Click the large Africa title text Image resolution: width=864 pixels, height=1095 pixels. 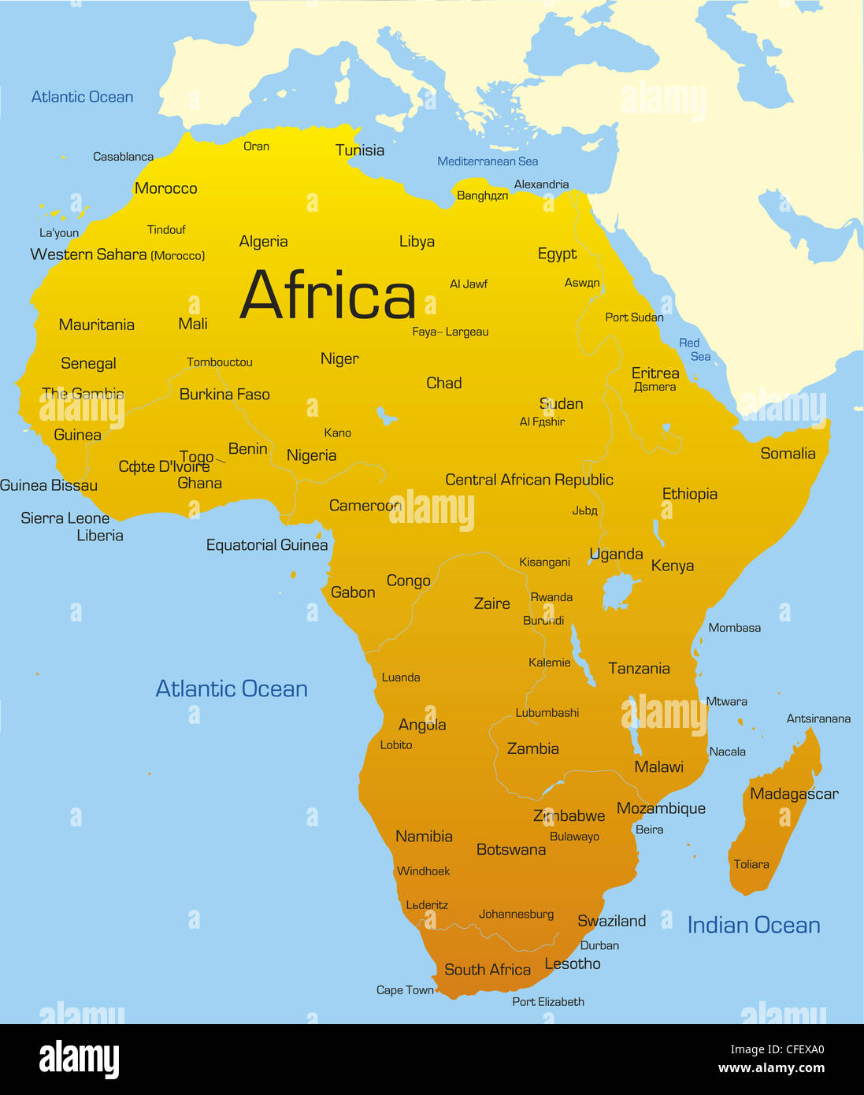pyautogui.click(x=328, y=295)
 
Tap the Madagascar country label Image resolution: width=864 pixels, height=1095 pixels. pyautogui.click(x=793, y=793)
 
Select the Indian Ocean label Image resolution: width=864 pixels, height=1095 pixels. pyautogui.click(x=754, y=925)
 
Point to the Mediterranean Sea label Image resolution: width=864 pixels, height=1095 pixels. pyautogui.click(x=488, y=161)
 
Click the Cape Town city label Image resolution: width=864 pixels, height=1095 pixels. pyautogui.click(x=405, y=990)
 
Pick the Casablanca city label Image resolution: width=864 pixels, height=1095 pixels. pyautogui.click(x=123, y=157)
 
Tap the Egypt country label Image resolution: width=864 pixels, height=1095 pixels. pyautogui.click(x=557, y=254)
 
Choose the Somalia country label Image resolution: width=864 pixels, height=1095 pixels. pyautogui.click(x=788, y=453)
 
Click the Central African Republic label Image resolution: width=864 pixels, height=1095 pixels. pyautogui.click(x=528, y=480)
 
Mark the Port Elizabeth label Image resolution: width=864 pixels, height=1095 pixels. pyautogui.click(x=548, y=1002)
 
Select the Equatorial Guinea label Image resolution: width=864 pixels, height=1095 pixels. pyautogui.click(x=266, y=545)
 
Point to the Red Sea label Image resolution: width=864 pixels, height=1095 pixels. pyautogui.click(x=695, y=349)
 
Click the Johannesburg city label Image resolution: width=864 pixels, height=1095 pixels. pyautogui.click(x=516, y=915)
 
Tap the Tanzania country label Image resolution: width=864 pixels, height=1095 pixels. pyautogui.click(x=639, y=668)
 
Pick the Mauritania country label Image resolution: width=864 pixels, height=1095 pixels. pyautogui.click(x=96, y=325)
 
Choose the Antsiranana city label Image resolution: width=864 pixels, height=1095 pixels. pyautogui.click(x=818, y=718)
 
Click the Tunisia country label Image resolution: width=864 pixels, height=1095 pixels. pyautogui.click(x=360, y=150)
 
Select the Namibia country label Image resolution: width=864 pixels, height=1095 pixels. pyautogui.click(x=424, y=837)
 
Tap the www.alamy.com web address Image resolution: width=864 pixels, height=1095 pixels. pyautogui.click(x=771, y=1068)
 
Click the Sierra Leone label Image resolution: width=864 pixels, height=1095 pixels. pyautogui.click(x=65, y=518)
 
